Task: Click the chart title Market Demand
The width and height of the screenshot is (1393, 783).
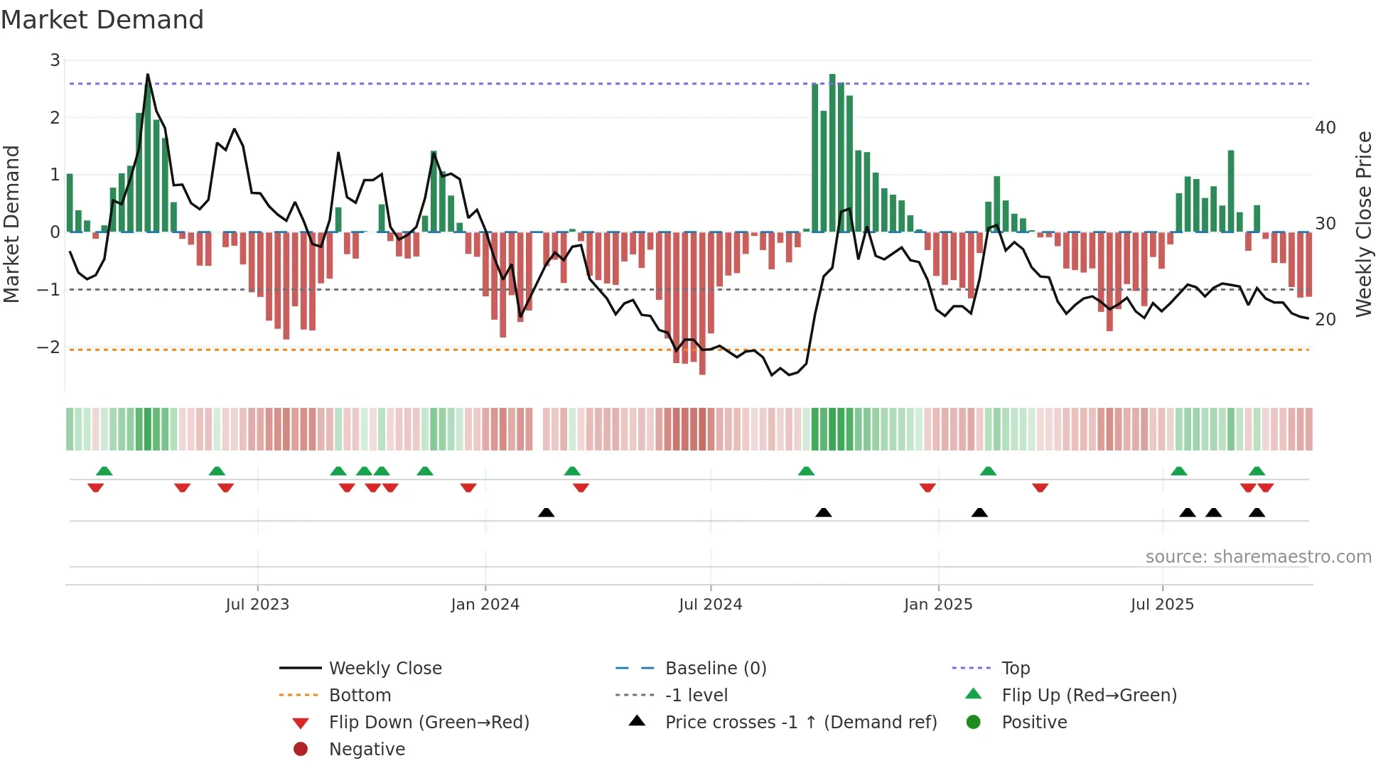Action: [102, 20]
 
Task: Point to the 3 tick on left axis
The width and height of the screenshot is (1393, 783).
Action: [55, 60]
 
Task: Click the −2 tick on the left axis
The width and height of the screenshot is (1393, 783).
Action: [49, 347]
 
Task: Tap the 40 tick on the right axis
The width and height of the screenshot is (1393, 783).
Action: [1325, 128]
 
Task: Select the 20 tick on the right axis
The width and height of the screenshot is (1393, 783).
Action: [1325, 320]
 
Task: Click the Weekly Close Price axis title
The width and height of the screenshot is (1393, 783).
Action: [1363, 224]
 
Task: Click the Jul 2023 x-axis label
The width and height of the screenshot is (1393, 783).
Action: [257, 605]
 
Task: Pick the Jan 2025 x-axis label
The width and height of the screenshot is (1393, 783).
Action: [937, 605]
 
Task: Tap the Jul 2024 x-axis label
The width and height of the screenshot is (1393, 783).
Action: [710, 605]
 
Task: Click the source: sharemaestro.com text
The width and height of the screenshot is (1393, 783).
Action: [1258, 557]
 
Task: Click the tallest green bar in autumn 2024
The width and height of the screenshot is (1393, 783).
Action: [832, 153]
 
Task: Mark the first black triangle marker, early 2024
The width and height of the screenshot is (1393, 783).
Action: [546, 512]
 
